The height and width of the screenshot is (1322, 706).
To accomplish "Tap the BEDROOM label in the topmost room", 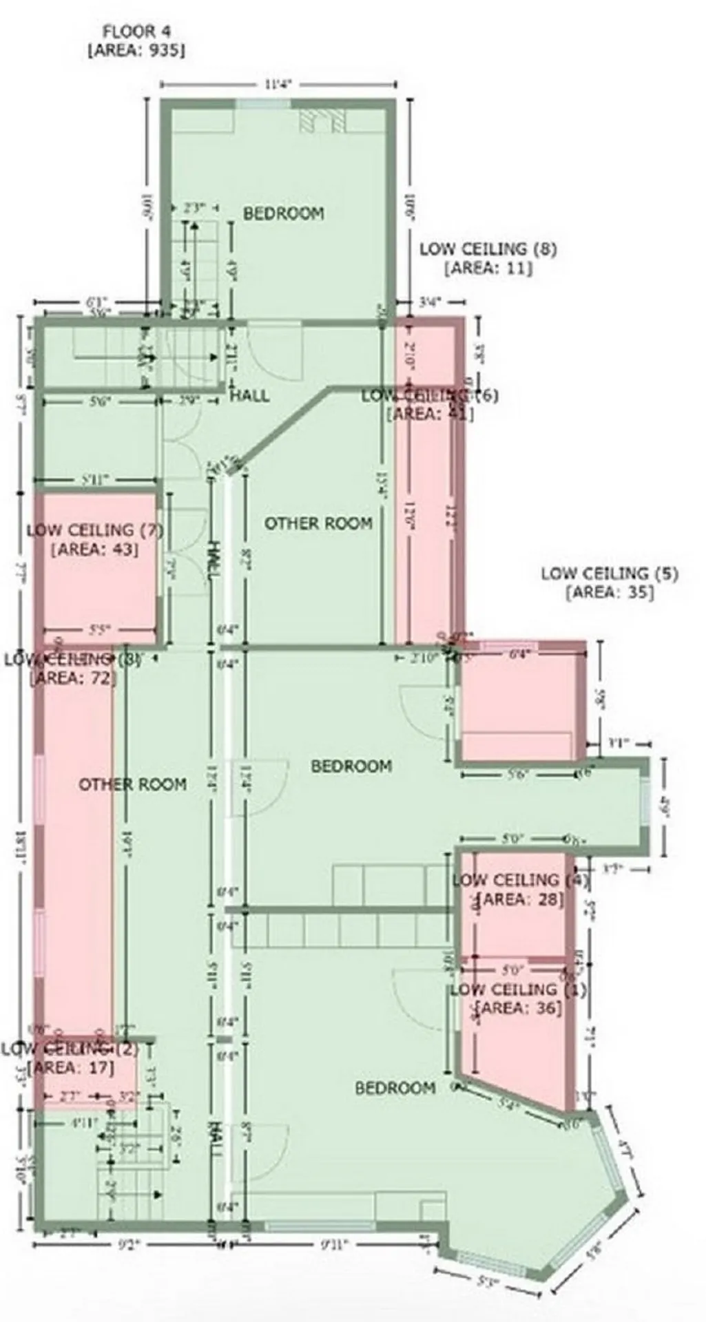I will [283, 213].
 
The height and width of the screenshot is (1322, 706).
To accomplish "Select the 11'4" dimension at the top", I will [278, 84].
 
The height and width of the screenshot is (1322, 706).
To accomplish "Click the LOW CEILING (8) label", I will [488, 249].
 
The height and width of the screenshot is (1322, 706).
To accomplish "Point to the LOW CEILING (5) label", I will [609, 573].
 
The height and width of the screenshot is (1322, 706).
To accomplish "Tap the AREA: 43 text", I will [94, 549].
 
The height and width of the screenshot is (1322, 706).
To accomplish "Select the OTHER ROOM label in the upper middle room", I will [318, 523].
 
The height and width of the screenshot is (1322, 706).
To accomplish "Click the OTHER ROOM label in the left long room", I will [132, 784].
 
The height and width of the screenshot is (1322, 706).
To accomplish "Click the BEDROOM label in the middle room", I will [351, 766].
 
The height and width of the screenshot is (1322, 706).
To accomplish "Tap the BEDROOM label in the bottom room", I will [395, 1088].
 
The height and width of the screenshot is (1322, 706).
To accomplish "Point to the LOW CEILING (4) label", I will [520, 880].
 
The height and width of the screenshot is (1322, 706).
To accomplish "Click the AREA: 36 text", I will [519, 1008].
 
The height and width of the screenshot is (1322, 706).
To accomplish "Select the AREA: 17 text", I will [73, 1068].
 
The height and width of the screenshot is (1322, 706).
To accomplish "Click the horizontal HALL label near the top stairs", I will [249, 396].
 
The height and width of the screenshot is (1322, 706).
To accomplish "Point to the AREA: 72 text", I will [73, 678].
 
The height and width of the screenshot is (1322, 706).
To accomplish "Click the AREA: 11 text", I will [488, 269].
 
